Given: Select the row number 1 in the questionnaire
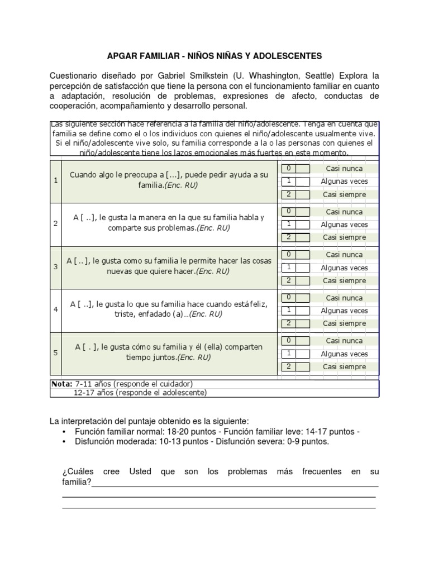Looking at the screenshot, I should point(55,180).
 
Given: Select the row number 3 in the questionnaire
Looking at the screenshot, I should point(55,266).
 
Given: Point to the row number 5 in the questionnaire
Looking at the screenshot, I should point(55,352).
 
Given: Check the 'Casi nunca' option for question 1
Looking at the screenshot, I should point(344,169).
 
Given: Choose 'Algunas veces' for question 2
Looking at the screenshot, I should point(344,225).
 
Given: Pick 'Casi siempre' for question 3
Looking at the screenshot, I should point(344,280).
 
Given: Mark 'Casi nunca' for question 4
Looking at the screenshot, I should point(344,298).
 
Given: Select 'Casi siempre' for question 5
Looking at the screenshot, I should point(344,367).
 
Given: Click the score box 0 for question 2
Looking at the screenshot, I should point(288,211).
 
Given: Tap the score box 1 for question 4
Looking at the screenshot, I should point(288,310).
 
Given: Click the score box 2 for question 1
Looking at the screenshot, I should point(288,194).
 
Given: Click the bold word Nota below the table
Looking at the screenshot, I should point(61,384).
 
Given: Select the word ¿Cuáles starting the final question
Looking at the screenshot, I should point(76,471).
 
